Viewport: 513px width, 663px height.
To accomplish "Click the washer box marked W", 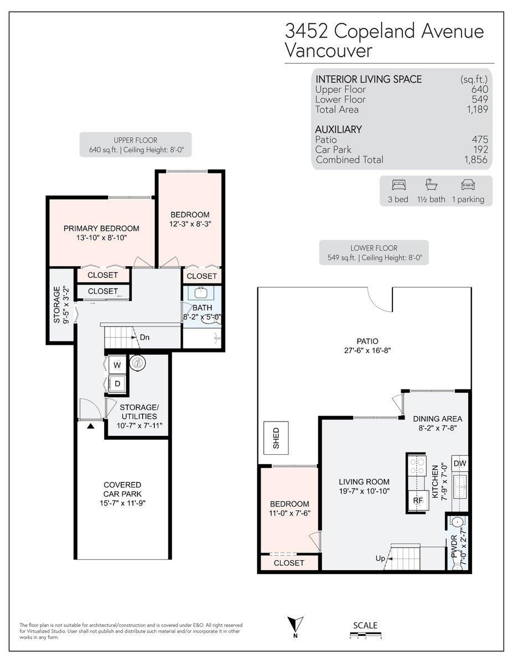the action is click(117, 365).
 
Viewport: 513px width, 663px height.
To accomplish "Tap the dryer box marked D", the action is click(117, 383).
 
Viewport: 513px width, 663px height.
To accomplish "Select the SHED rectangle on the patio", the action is click(276, 438).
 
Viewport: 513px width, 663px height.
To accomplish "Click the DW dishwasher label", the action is click(460, 464).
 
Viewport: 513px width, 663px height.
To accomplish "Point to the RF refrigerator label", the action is click(418, 501).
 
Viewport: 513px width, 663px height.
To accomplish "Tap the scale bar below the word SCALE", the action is click(365, 636).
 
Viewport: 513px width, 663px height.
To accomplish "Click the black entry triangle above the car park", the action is click(90, 426).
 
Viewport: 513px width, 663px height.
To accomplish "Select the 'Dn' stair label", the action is click(144, 337).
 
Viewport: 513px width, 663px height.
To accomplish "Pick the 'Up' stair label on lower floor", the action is click(380, 559).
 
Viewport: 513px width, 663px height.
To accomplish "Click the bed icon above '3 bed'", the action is click(399, 185).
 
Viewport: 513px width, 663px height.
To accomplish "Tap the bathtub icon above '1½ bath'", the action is click(432, 185).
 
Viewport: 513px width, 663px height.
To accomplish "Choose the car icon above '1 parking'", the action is click(468, 185).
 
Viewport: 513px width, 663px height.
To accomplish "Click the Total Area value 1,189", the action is click(477, 109).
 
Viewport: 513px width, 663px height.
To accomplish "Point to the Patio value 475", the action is click(480, 139).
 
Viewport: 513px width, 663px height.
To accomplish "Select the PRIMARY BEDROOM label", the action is click(101, 228).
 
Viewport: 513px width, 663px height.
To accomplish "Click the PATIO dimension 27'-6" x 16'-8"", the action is click(367, 350).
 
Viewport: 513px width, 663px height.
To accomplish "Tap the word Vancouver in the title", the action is click(329, 50).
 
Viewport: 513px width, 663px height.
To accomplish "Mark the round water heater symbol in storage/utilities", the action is click(137, 364).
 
